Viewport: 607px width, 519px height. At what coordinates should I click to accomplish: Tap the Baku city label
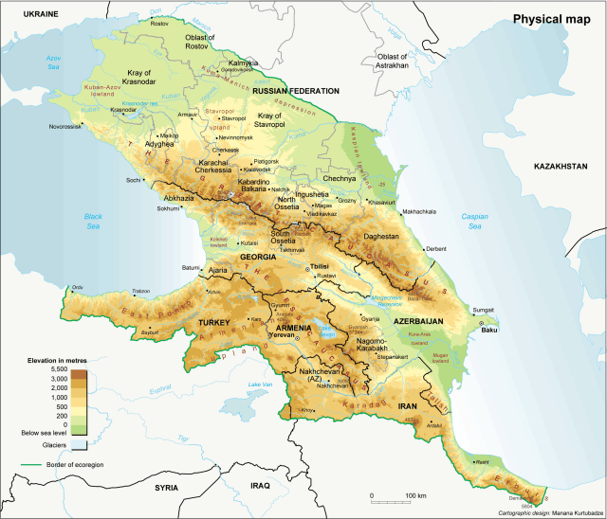tap(489, 330)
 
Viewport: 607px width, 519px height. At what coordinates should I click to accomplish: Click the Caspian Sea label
tap(474, 222)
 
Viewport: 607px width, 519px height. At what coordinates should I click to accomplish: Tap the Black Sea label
tap(91, 221)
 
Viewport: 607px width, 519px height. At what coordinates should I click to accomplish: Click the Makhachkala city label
tap(419, 211)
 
